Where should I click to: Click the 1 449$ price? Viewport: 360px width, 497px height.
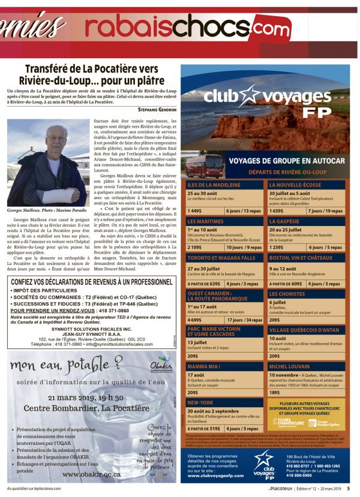pos(196,211)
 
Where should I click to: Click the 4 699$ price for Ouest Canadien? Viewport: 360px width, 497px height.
pos(196,320)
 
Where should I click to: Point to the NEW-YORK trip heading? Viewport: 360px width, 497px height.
pos(201,402)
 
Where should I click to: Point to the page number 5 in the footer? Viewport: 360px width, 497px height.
pos(349,489)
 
